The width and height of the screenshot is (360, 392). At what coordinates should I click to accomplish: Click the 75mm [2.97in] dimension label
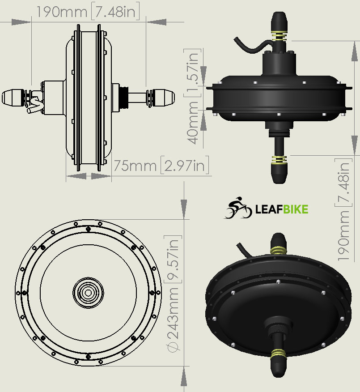click(x=161, y=165)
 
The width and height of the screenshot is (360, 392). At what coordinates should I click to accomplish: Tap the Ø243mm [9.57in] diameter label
click(x=173, y=294)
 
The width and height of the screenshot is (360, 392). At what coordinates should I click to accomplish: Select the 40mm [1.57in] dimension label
click(x=193, y=97)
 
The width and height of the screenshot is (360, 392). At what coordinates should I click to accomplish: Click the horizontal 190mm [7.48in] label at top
click(x=88, y=11)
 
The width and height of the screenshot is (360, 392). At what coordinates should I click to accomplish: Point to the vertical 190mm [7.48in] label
click(x=343, y=210)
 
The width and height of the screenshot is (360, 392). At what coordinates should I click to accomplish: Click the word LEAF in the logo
click(x=269, y=209)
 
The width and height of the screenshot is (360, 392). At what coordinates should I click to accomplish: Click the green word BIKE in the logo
click(x=296, y=209)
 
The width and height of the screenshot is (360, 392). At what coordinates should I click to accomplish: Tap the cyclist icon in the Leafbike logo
click(x=238, y=208)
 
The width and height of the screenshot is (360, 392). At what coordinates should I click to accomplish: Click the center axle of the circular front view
click(x=88, y=293)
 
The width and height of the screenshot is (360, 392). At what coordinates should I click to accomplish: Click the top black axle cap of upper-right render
click(x=279, y=22)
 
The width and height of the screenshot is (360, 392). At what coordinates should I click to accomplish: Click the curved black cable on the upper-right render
click(x=252, y=46)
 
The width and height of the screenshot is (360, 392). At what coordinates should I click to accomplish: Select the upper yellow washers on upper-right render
click(x=280, y=36)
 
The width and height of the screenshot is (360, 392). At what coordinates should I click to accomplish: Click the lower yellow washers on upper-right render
click(x=280, y=159)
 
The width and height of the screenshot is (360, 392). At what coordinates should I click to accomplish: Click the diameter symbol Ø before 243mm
click(x=173, y=346)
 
